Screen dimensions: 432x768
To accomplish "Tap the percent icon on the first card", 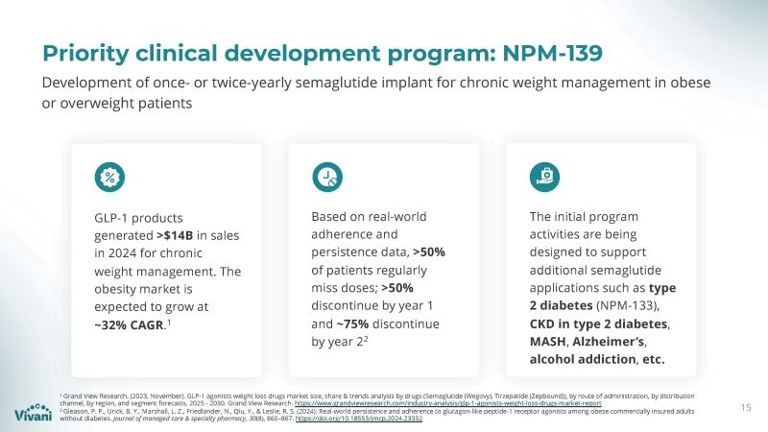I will pyautogui.click(x=109, y=176).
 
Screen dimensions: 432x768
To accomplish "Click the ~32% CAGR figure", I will pyautogui.click(x=128, y=325).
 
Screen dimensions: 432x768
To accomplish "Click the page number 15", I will pyautogui.click(x=746, y=408).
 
